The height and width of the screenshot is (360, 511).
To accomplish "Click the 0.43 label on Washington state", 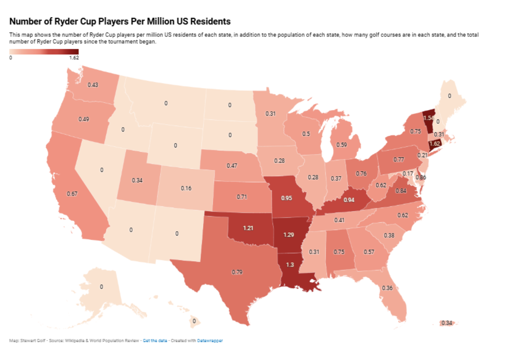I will click(93, 85).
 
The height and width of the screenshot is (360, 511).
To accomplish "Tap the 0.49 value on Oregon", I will click(84, 119).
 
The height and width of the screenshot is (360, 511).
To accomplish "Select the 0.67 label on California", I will click(72, 194).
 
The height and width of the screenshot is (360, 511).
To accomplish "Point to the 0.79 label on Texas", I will click(237, 272).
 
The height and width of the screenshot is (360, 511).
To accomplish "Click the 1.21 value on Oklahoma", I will click(248, 228).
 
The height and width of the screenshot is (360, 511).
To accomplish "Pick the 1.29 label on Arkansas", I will click(289, 235).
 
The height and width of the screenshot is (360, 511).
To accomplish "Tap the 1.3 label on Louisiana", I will click(290, 265).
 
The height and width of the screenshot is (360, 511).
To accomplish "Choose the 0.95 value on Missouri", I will click(287, 198).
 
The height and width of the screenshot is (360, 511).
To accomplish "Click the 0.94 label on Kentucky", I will click(349, 200).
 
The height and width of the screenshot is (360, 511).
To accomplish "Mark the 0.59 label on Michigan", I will click(341, 145).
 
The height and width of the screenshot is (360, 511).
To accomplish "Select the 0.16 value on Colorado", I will click(186, 188).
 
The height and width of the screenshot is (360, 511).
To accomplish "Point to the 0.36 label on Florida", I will click(387, 288).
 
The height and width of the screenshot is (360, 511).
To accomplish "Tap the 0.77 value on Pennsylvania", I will click(399, 159).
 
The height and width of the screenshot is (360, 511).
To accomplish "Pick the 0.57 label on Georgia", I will click(369, 252).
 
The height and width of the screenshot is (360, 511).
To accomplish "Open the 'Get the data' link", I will click(155, 341).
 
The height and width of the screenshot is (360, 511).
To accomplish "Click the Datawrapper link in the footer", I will click(210, 341).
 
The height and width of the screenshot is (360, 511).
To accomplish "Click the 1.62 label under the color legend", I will click(74, 58).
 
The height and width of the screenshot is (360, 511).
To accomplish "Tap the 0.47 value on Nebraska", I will click(232, 166).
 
